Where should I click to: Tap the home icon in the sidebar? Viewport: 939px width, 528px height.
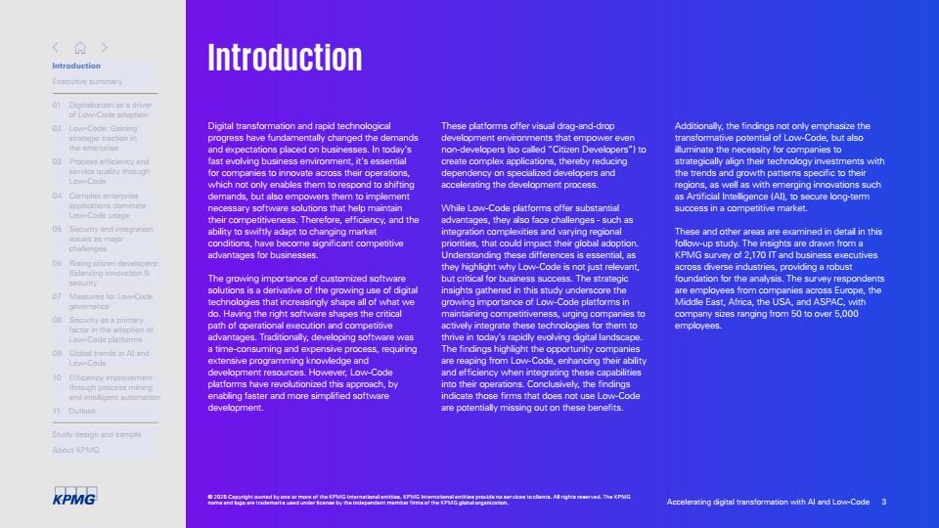pyautogui.click(x=80, y=47)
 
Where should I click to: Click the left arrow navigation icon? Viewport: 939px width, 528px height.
pyautogui.click(x=56, y=47)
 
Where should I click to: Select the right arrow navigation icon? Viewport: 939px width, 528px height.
pyautogui.click(x=104, y=47)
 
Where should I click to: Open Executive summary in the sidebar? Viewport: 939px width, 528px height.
pyautogui.click(x=87, y=81)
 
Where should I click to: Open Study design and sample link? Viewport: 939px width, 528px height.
pyautogui.click(x=96, y=433)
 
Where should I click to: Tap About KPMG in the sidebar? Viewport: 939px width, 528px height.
pyautogui.click(x=75, y=450)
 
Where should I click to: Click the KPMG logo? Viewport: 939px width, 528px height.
pyautogui.click(x=74, y=499)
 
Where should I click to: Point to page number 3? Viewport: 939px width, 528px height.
pyautogui.click(x=883, y=502)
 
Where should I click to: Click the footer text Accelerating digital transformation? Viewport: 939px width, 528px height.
pyautogui.click(x=768, y=502)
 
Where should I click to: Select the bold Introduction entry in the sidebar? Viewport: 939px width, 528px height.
pyautogui.click(x=76, y=66)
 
